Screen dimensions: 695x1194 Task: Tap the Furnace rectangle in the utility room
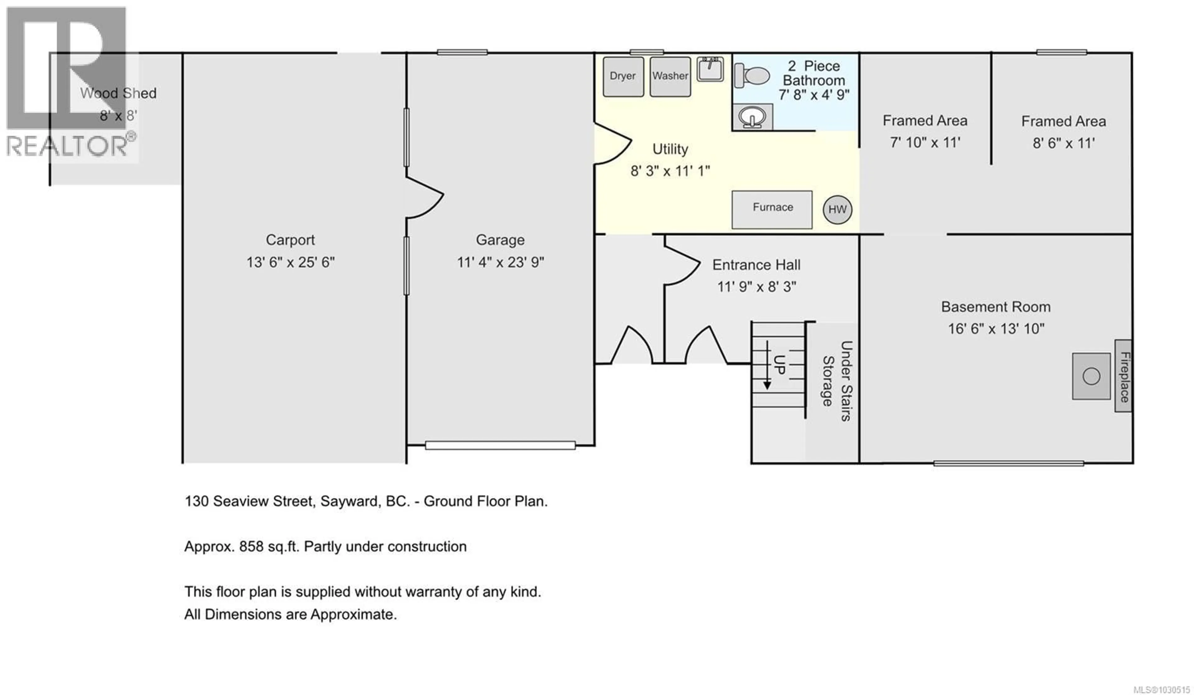click(x=772, y=209)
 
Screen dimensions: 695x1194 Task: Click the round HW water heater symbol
click(x=837, y=210)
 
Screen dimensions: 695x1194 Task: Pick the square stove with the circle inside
click(x=1091, y=376)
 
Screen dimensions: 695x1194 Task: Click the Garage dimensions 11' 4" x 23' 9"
click(x=500, y=262)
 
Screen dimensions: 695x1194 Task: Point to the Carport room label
click(x=290, y=240)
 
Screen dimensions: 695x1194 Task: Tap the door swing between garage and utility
click(x=612, y=144)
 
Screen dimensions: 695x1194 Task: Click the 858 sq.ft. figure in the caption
click(x=269, y=546)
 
